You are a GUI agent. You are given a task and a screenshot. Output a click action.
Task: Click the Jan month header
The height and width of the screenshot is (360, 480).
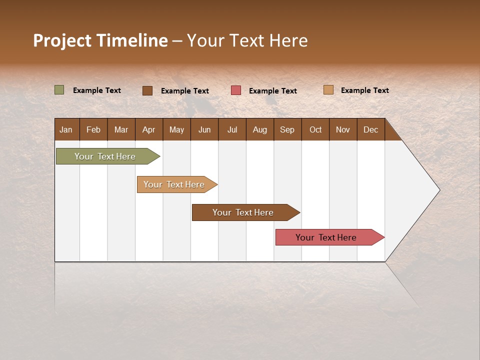click(x=66, y=129)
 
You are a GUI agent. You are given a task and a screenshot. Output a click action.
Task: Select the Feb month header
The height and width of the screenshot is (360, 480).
click(x=93, y=129)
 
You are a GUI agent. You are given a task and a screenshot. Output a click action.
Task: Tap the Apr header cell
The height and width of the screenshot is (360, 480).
click(x=148, y=129)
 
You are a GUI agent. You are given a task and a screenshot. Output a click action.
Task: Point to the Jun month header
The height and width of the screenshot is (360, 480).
click(x=204, y=129)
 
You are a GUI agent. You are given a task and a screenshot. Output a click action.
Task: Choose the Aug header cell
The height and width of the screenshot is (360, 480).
click(x=259, y=129)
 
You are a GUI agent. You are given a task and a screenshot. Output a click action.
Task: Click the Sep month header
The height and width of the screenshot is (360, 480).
click(x=287, y=129)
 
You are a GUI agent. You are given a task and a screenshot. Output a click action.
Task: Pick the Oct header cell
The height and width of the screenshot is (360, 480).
click(x=315, y=129)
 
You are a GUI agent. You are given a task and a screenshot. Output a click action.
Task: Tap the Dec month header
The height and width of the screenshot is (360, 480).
click(x=370, y=129)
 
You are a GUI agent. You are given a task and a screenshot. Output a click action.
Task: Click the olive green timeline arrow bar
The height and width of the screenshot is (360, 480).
click(x=105, y=156)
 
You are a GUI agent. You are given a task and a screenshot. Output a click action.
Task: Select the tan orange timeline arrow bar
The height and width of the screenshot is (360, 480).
click(x=174, y=184)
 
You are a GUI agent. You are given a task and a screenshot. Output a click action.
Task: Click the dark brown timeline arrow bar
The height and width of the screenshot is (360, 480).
click(x=243, y=212)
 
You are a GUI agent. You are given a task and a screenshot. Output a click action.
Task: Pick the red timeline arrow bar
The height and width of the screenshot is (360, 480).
click(x=326, y=237)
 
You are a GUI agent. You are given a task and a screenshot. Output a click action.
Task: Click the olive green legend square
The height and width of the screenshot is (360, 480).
click(x=59, y=90)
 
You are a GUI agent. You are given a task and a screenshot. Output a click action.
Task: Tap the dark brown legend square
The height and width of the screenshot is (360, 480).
click(x=147, y=90)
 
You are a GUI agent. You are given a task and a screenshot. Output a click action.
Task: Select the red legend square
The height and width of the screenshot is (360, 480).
click(x=236, y=90)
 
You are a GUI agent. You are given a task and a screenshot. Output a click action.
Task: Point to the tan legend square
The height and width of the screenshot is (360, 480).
click(x=328, y=90)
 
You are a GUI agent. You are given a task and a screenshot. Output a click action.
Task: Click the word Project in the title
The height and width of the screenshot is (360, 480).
click(x=62, y=40)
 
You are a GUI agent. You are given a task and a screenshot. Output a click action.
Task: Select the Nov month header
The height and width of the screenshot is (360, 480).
click(x=342, y=129)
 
